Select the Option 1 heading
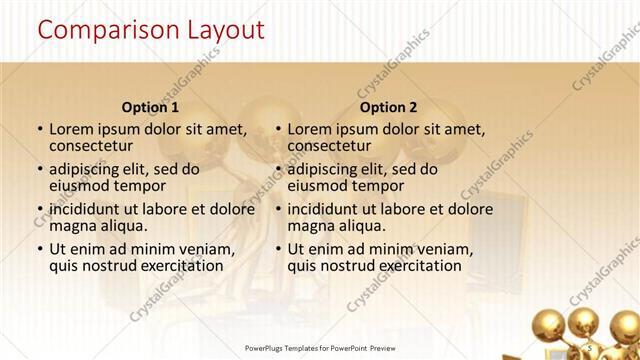150,107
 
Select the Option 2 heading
389,107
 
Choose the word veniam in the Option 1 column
208,249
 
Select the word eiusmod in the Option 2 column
321,186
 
